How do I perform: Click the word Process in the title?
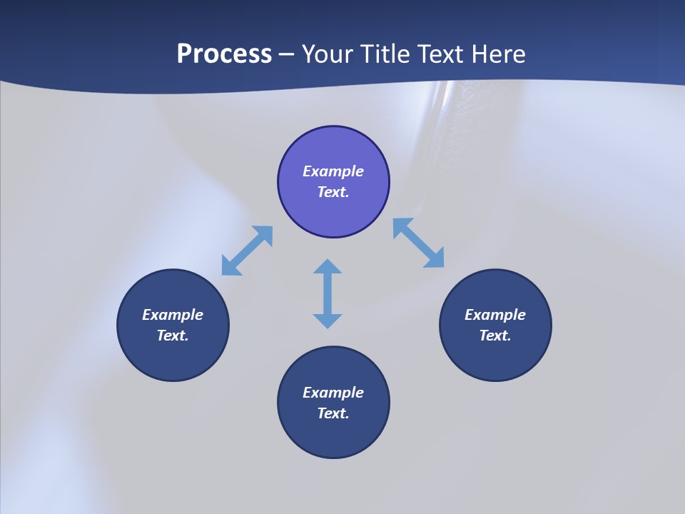(224, 54)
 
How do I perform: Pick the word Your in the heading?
(329, 54)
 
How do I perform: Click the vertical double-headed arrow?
(328, 293)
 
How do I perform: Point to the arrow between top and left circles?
(247, 251)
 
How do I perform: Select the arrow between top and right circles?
(419, 243)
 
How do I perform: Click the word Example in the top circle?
(333, 171)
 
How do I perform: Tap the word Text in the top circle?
(333, 192)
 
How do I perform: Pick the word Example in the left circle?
(173, 315)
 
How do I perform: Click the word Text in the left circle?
(173, 336)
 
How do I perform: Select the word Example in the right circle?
(495, 315)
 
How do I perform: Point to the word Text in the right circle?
(495, 336)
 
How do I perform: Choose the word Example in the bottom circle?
(333, 393)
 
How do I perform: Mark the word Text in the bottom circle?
(333, 413)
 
